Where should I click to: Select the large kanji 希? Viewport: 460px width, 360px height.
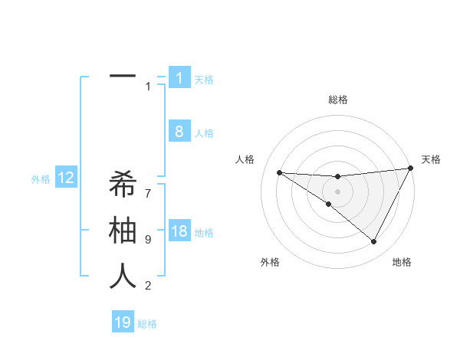123,185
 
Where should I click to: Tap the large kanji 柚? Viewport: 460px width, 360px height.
123,231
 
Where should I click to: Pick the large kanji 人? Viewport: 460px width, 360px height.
123,276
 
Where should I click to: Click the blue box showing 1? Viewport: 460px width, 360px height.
179,78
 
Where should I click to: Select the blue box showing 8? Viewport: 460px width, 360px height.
179,132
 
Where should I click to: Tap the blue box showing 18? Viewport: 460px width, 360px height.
179,231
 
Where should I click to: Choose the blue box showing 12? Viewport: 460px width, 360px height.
66,178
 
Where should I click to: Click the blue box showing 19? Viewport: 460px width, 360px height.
123,322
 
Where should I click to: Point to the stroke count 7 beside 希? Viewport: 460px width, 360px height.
148,186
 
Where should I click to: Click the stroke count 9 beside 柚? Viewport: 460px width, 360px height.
148,240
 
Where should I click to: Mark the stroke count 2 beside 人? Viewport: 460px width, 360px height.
148,286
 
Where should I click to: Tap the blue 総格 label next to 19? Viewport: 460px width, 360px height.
147,324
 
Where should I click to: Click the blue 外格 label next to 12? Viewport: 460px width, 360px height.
41,179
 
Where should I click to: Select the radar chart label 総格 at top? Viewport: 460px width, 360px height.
338,100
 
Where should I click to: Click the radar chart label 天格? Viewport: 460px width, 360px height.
431,159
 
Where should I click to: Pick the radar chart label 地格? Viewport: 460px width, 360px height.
402,262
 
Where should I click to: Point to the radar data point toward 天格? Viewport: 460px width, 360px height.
411,168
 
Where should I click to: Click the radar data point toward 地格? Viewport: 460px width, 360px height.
374,242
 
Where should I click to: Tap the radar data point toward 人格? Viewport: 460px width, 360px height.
279,172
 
